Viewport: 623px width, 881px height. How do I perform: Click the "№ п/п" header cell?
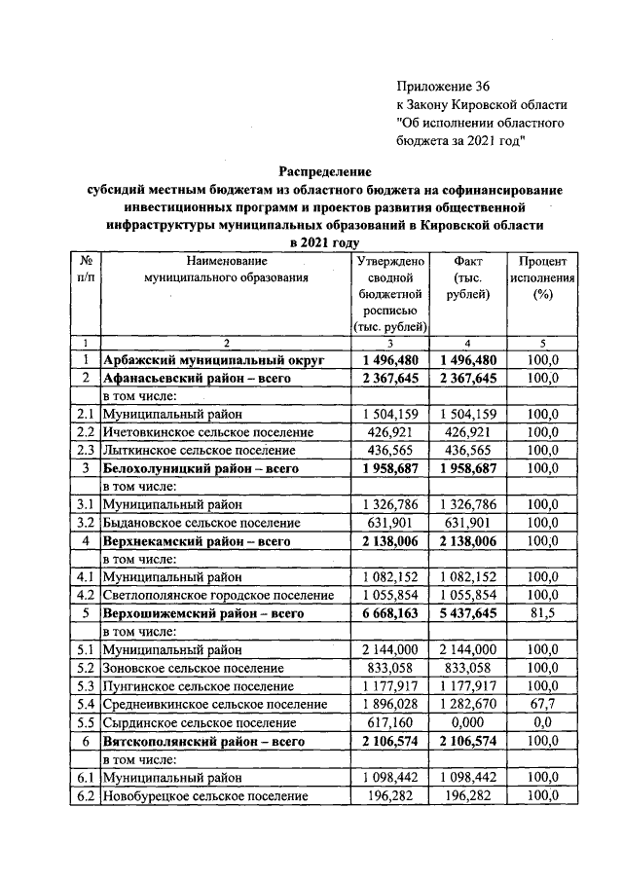86,269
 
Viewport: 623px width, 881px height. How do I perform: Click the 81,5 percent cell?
542,613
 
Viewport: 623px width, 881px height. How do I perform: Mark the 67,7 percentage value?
542,705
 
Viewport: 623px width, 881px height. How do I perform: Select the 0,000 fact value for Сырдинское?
468,723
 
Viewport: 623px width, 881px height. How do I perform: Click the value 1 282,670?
468,705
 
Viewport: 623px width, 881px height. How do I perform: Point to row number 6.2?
86,796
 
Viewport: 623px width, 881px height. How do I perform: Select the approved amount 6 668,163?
388,613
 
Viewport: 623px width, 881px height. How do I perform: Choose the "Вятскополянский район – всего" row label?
202,742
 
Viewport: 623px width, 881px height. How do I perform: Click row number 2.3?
86,451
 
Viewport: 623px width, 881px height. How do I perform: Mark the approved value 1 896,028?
388,705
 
